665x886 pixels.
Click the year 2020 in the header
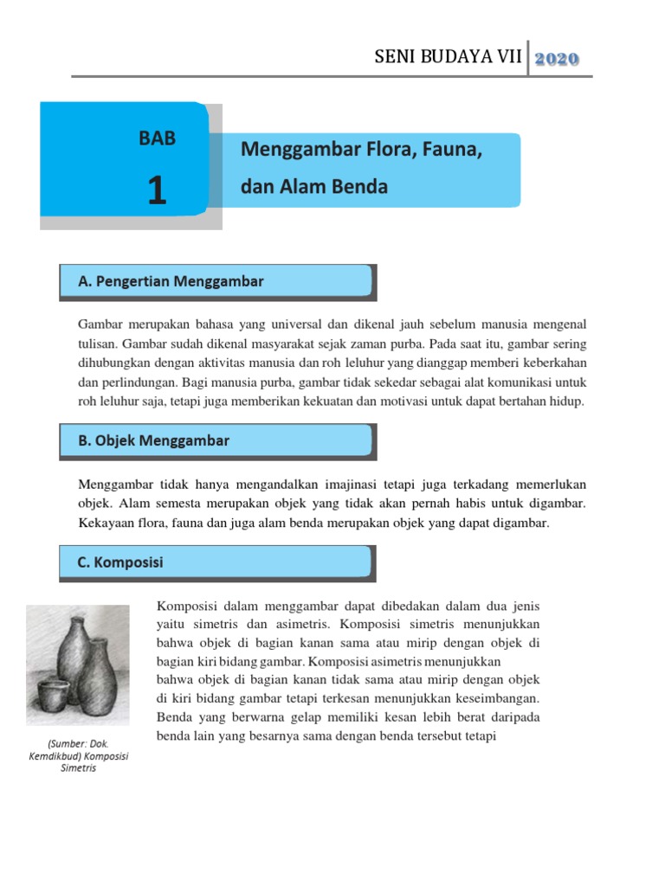(557, 59)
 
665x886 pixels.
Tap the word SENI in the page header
(395, 58)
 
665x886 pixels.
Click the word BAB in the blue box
(157, 138)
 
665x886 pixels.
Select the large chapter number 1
(157, 190)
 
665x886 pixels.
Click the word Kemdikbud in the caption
(53, 756)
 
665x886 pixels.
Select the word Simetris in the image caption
(78, 768)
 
